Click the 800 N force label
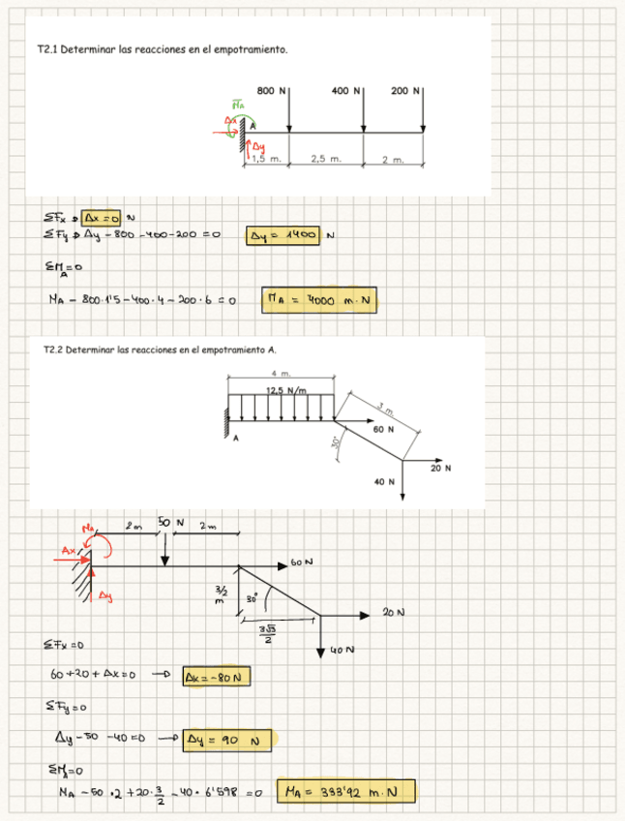(270, 90)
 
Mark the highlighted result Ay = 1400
(284, 234)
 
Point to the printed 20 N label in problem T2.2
(441, 469)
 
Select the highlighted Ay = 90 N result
(224, 741)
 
